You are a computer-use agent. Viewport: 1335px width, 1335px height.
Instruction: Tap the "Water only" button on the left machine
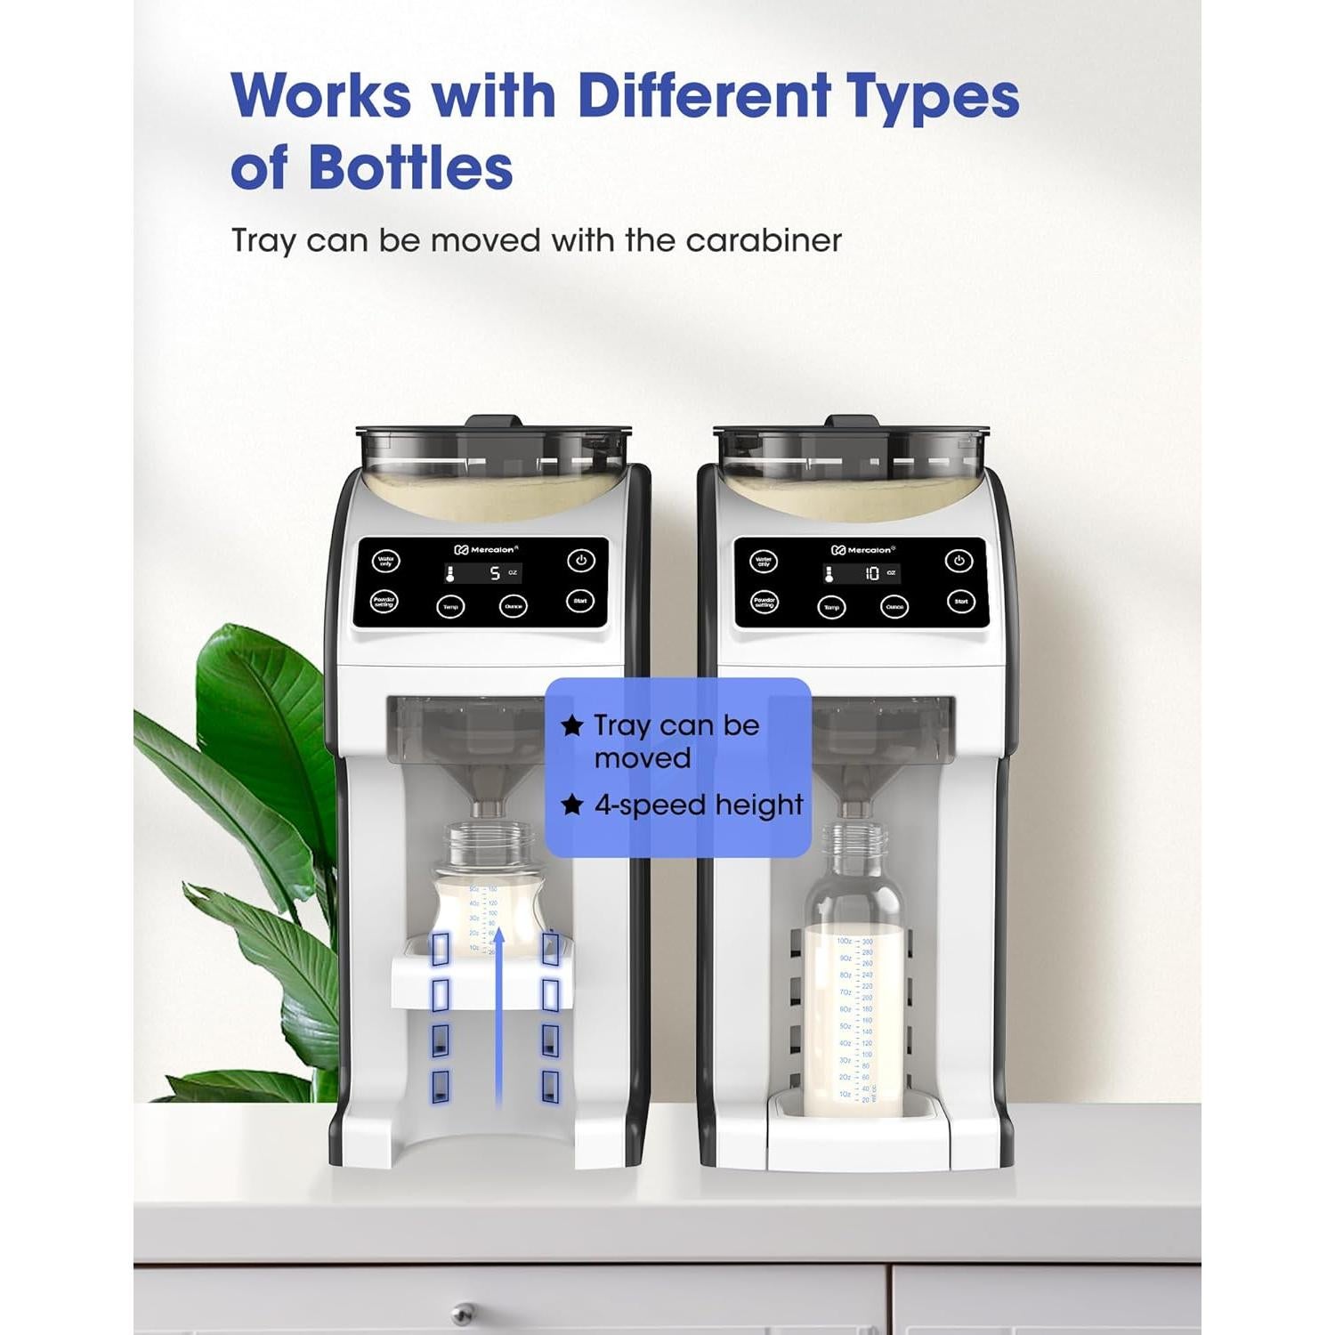pos(385,562)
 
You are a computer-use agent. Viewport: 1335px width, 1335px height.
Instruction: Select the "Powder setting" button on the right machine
pos(765,603)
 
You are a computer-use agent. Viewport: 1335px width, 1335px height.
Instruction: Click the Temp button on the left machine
pos(450,607)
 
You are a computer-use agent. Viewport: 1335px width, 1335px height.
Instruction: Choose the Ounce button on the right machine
pos(894,607)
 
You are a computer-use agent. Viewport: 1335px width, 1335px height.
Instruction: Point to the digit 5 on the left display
pos(495,574)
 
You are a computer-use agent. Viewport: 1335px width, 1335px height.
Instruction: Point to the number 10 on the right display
pos(872,574)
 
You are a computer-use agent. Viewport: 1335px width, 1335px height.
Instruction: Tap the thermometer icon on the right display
pos(829,575)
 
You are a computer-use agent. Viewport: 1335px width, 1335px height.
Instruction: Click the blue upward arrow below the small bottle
pos(499,1015)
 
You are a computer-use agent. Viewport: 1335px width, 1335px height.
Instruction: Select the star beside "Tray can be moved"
pos(572,725)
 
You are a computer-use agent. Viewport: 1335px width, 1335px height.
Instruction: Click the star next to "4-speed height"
pos(572,805)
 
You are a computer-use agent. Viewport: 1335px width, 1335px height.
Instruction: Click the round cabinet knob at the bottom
pos(462,1314)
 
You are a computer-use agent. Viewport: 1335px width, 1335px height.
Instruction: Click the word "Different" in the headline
pos(703,95)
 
